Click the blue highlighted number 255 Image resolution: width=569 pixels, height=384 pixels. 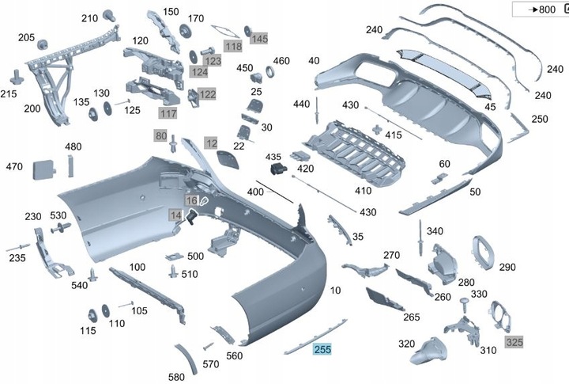pos(322,349)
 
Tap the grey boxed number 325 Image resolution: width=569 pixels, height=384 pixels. pos(514,342)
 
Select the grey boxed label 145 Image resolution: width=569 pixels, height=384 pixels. pos(259,38)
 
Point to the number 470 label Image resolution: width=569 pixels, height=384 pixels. pos(14,166)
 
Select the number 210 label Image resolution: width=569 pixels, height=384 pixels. pos(89,18)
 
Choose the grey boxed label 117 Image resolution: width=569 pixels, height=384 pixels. pos(168,113)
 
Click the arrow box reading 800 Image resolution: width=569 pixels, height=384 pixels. pos(540,10)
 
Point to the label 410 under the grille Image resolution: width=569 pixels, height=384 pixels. pos(363,190)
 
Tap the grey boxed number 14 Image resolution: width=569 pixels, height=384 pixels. pos(175,215)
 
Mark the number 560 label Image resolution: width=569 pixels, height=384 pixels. pos(235,355)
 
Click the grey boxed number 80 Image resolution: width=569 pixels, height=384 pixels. pos(162,136)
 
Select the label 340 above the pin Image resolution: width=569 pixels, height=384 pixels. pos(435,231)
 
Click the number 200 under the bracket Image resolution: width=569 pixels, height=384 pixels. pos(32,108)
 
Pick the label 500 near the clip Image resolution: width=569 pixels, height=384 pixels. pos(195,256)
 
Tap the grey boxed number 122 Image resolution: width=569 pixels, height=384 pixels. pos(207,94)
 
